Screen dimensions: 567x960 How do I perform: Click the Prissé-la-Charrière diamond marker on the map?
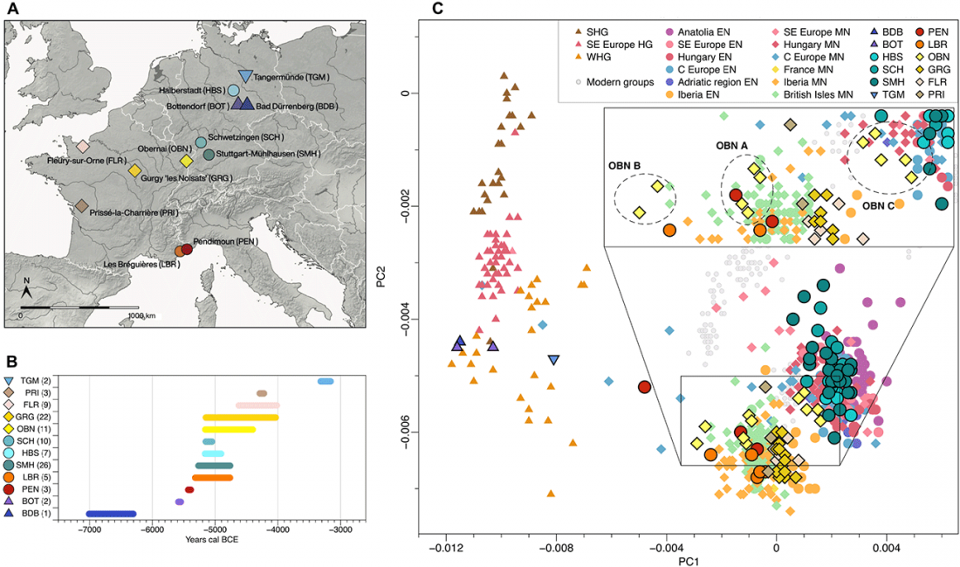click(80, 206)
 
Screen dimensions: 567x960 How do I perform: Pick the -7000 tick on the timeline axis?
click(89, 530)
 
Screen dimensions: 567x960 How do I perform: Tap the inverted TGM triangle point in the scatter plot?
click(553, 360)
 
